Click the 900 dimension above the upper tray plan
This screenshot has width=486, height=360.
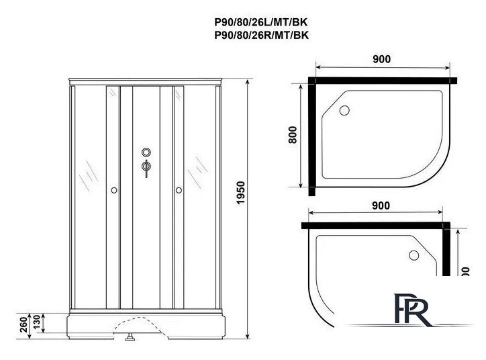click(x=381, y=59)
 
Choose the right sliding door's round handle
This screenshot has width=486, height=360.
click(x=179, y=191)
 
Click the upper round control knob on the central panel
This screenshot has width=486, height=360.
click(x=146, y=152)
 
